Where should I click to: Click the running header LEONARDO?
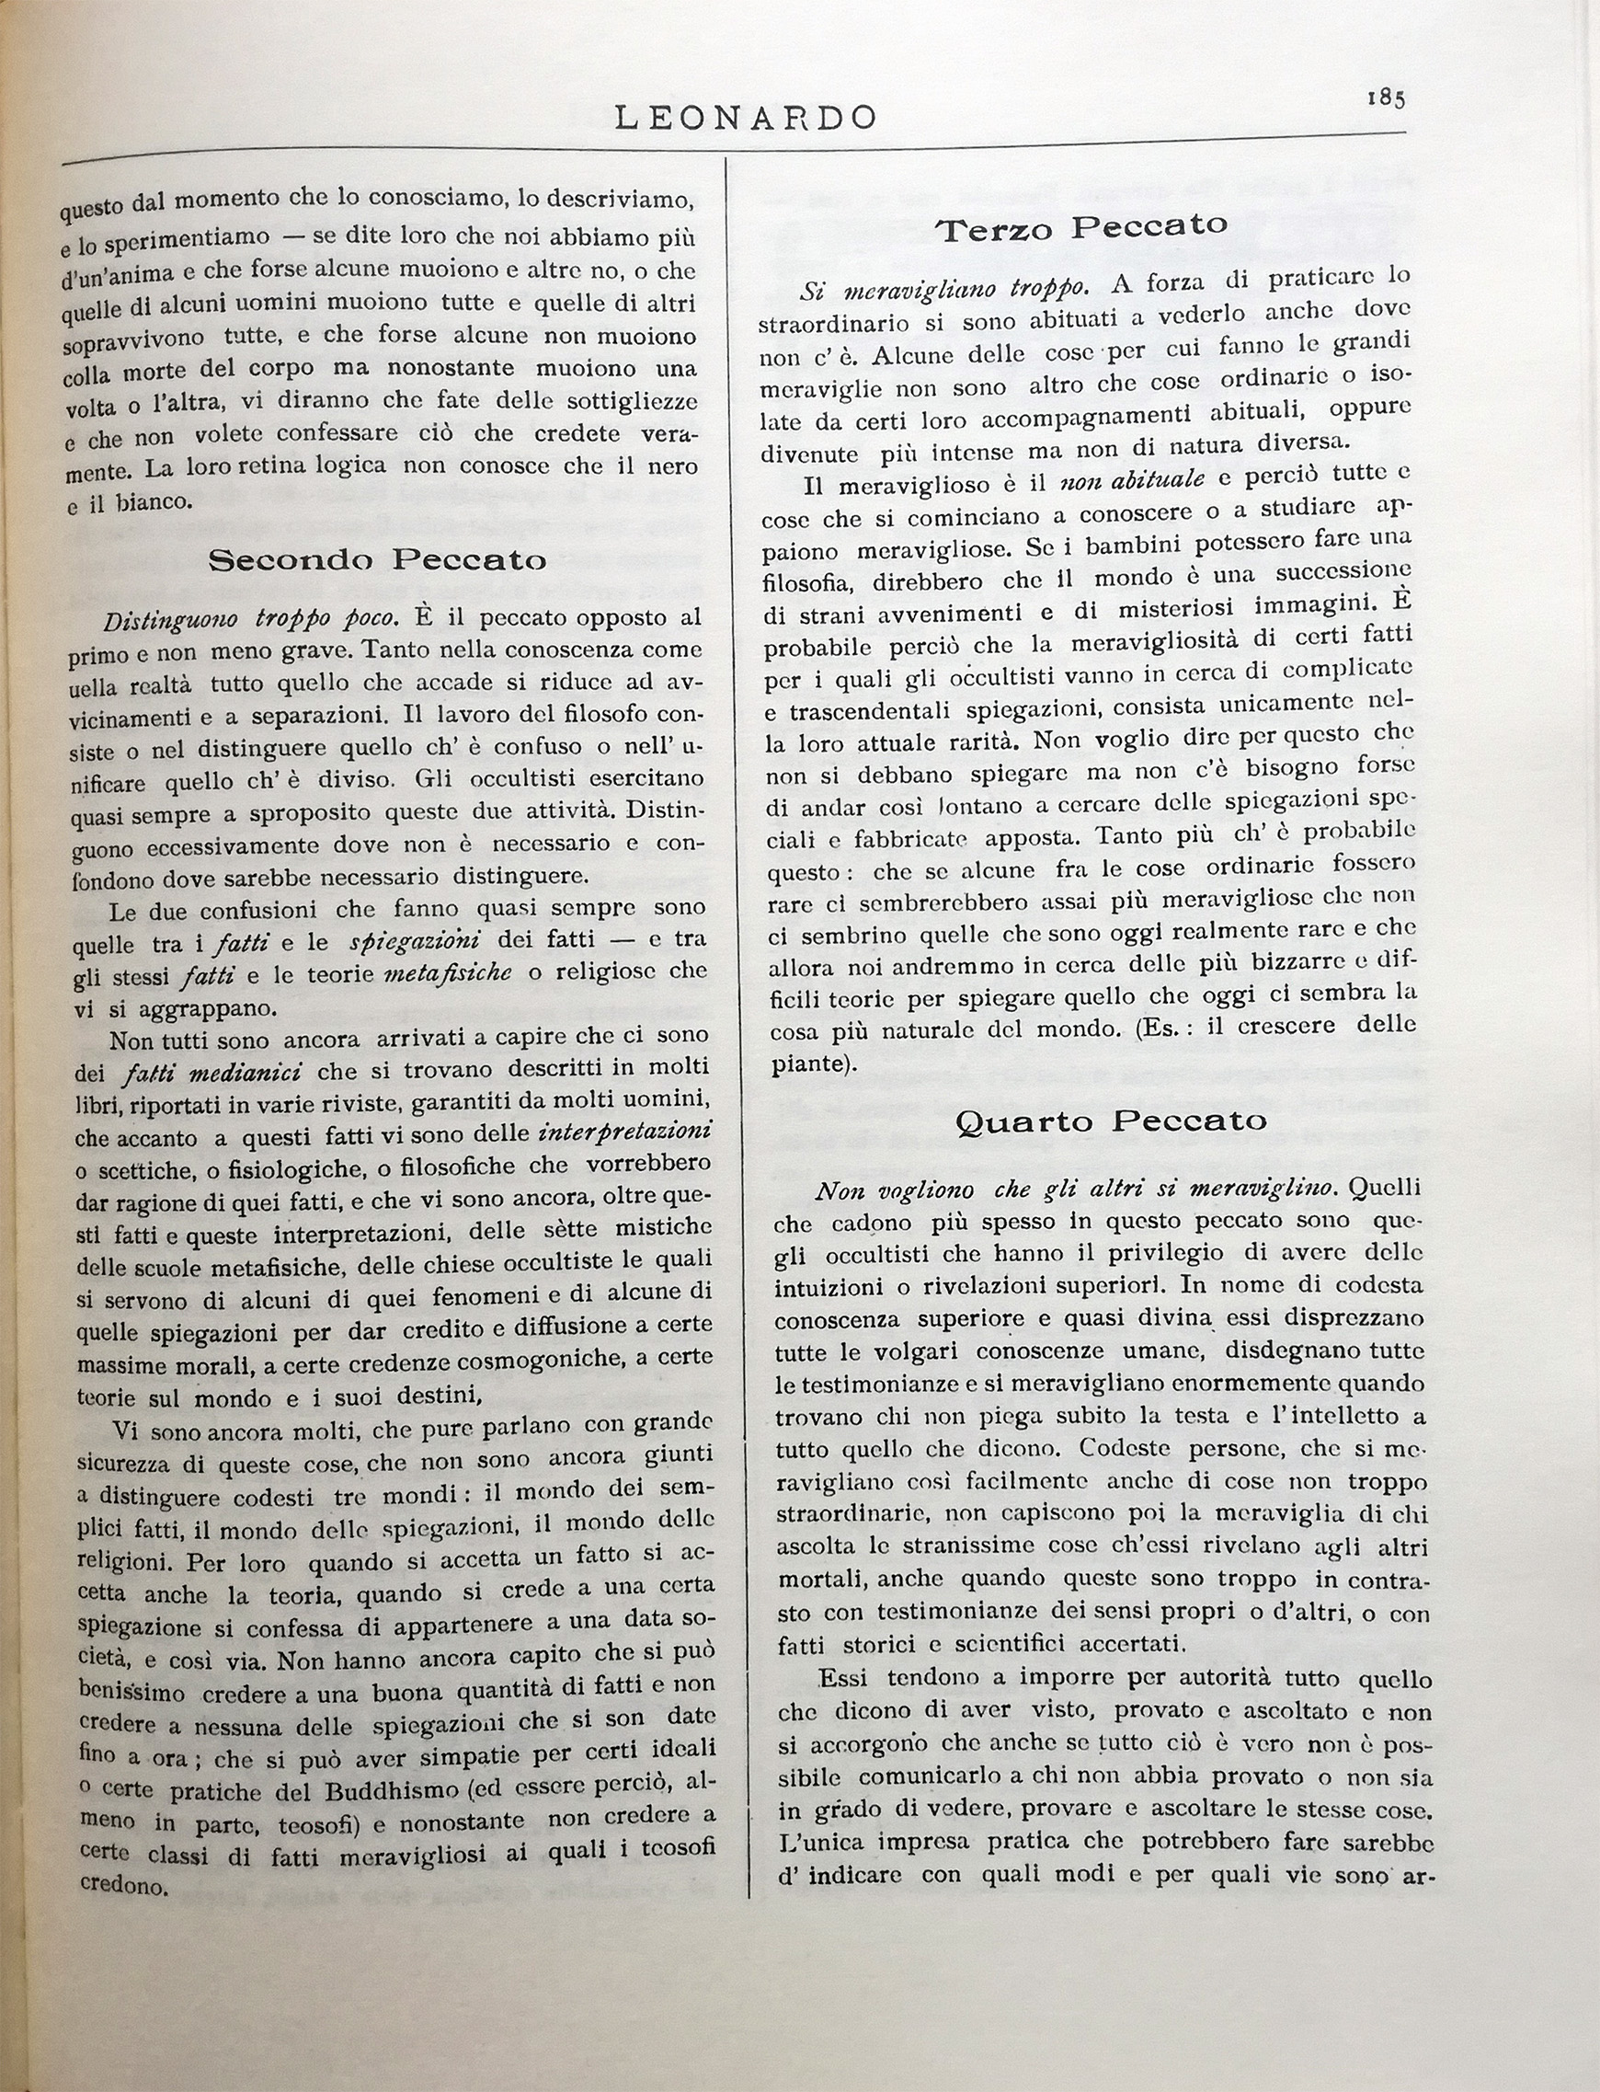pos(746,117)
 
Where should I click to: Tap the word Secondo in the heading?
pos(291,560)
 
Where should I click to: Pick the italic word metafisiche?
pos(448,971)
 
